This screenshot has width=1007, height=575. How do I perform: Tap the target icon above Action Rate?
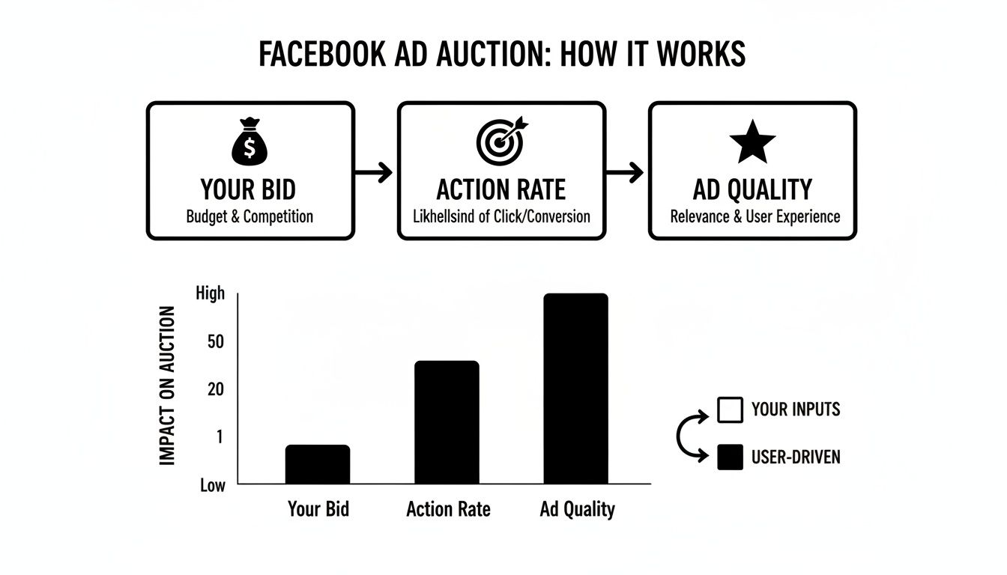click(501, 142)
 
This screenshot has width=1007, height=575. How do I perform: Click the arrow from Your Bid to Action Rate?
click(375, 173)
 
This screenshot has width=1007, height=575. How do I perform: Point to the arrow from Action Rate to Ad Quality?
click(626, 173)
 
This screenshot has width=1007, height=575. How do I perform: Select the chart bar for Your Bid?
click(318, 464)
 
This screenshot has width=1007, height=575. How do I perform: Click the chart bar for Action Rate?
click(447, 422)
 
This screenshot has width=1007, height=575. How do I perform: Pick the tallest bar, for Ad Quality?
click(575, 389)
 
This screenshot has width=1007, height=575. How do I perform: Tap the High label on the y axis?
click(210, 293)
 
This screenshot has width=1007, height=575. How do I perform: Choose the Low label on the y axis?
click(212, 485)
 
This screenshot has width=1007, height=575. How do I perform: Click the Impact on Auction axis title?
click(168, 386)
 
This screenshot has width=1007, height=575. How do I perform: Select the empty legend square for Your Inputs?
click(730, 410)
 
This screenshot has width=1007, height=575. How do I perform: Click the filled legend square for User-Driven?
click(730, 457)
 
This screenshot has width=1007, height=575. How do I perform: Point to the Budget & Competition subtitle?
click(250, 216)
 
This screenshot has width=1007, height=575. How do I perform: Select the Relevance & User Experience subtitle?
click(755, 216)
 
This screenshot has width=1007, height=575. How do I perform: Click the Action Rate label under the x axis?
click(448, 510)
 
